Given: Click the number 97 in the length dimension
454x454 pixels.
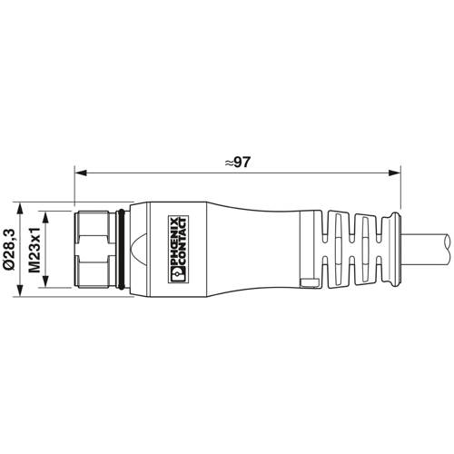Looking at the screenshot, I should point(241,163).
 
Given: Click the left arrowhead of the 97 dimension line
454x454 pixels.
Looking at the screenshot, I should point(77,171).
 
